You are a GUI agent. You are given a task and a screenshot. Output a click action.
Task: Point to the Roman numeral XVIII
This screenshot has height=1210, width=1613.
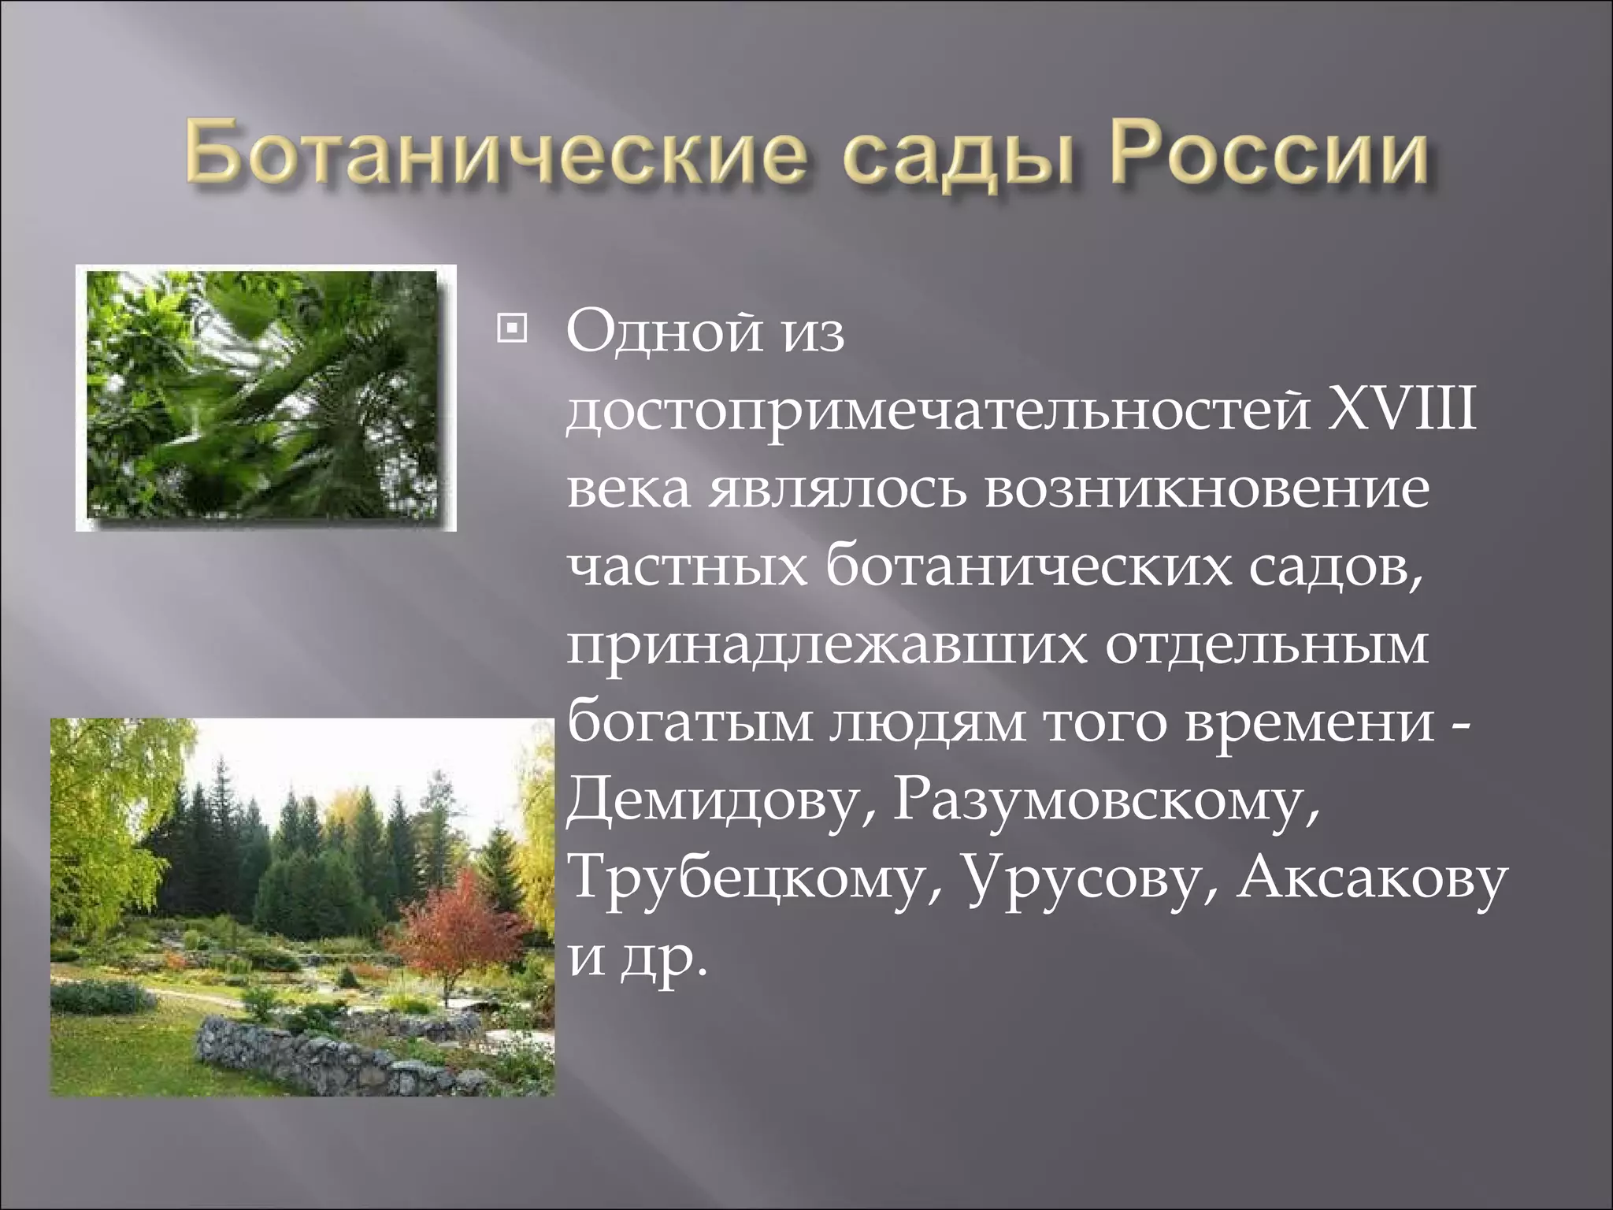1401,410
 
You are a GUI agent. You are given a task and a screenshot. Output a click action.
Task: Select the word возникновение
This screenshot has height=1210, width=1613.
1204,488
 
